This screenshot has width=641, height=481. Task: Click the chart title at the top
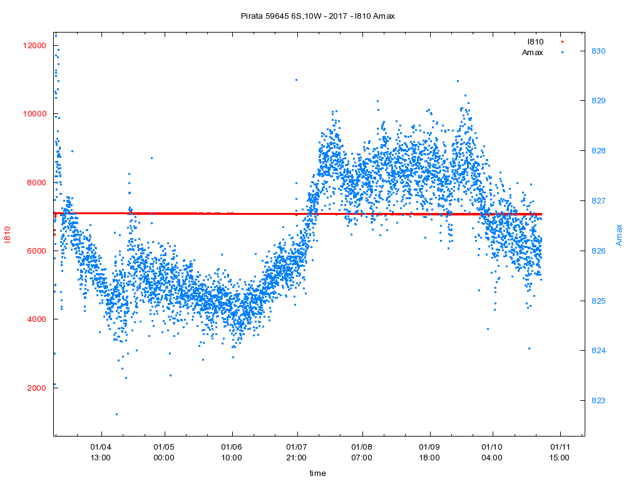click(317, 16)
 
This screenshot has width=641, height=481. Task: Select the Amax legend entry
click(533, 52)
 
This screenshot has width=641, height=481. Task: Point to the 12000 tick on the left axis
click(32, 46)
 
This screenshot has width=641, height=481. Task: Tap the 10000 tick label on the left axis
click(32, 114)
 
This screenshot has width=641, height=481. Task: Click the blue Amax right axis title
click(620, 235)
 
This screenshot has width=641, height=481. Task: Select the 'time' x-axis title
click(317, 473)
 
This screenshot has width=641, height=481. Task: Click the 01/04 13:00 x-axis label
click(101, 452)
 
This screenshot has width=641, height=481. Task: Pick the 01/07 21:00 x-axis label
click(297, 452)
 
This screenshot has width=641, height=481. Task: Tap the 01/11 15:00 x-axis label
click(560, 452)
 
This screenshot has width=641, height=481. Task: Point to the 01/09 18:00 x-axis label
click(429, 452)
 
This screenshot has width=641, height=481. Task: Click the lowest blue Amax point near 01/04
click(116, 414)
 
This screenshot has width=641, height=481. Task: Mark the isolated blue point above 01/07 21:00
click(296, 80)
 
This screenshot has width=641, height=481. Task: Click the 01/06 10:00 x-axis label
click(232, 452)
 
